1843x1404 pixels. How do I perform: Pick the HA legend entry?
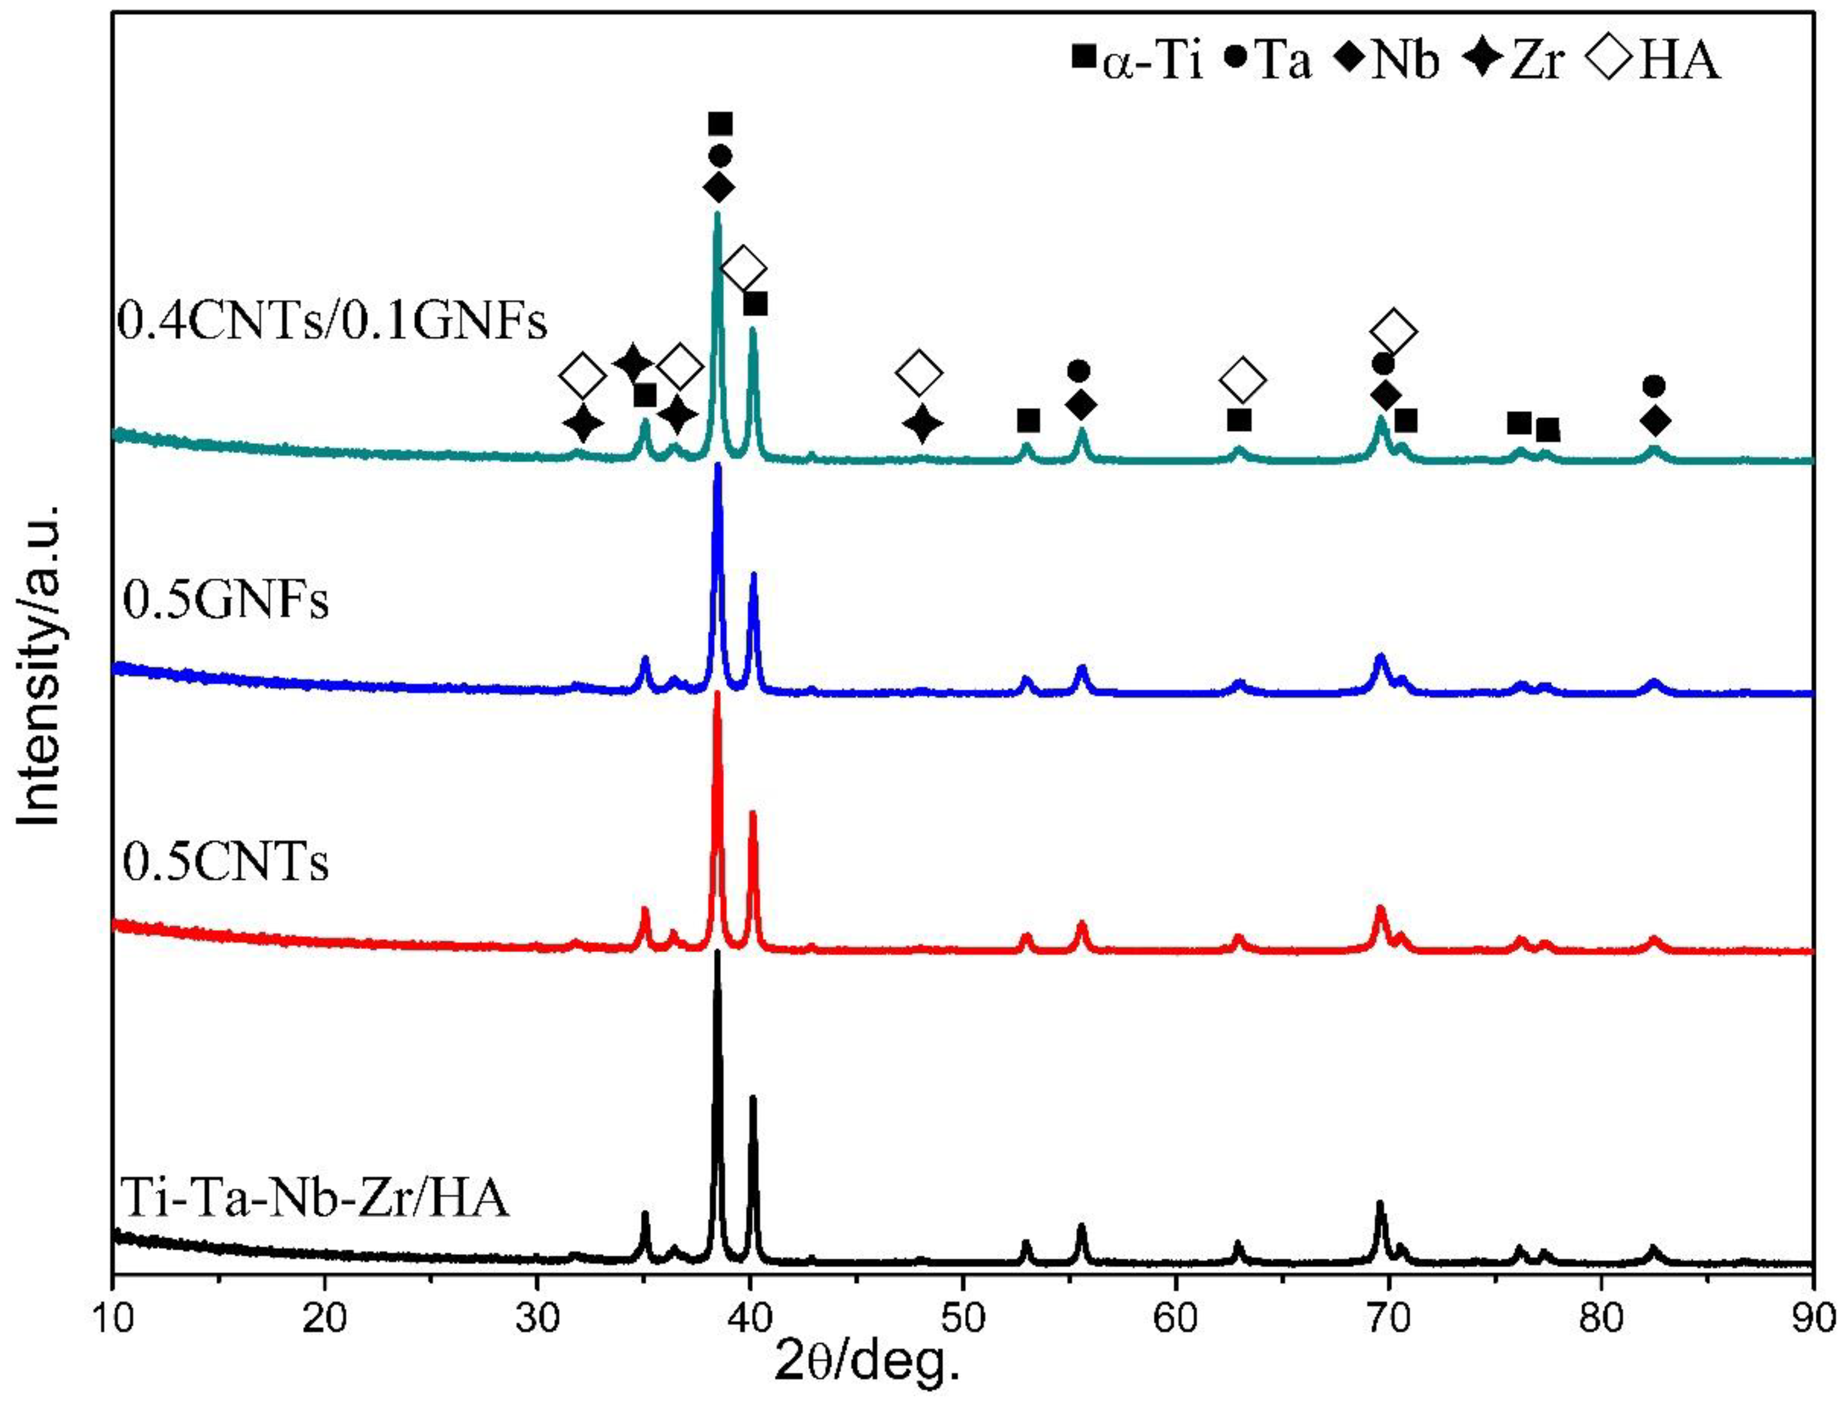tap(1652, 62)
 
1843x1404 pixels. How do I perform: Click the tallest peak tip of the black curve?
tap(717, 953)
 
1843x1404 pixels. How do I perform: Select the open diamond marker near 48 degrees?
tap(919, 373)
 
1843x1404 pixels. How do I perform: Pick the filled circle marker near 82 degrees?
tap(1653, 386)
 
